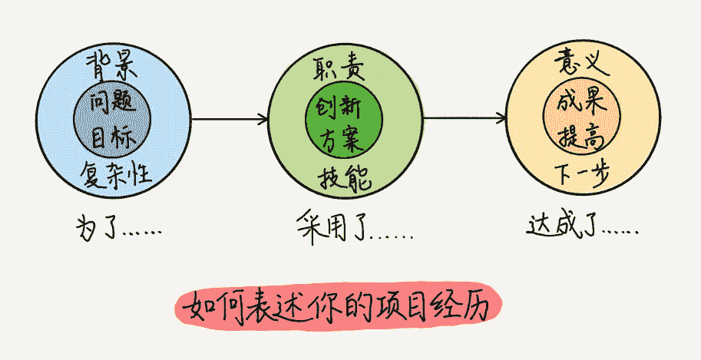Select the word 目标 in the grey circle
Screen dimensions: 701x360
[113, 138]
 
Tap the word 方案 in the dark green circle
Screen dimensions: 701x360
[343, 138]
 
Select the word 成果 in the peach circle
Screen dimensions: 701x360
[582, 101]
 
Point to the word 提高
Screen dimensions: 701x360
[581, 137]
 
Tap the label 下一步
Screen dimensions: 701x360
[583, 176]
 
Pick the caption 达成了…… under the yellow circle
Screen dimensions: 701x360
[584, 226]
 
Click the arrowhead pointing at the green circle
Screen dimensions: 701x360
[263, 119]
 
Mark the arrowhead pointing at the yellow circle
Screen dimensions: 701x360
[501, 119]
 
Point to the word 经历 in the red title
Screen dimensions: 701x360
[468, 308]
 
